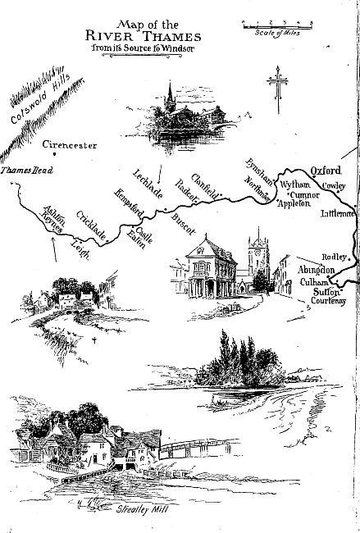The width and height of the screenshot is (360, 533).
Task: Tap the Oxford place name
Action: point(325,171)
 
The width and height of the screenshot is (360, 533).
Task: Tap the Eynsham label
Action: point(255,173)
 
